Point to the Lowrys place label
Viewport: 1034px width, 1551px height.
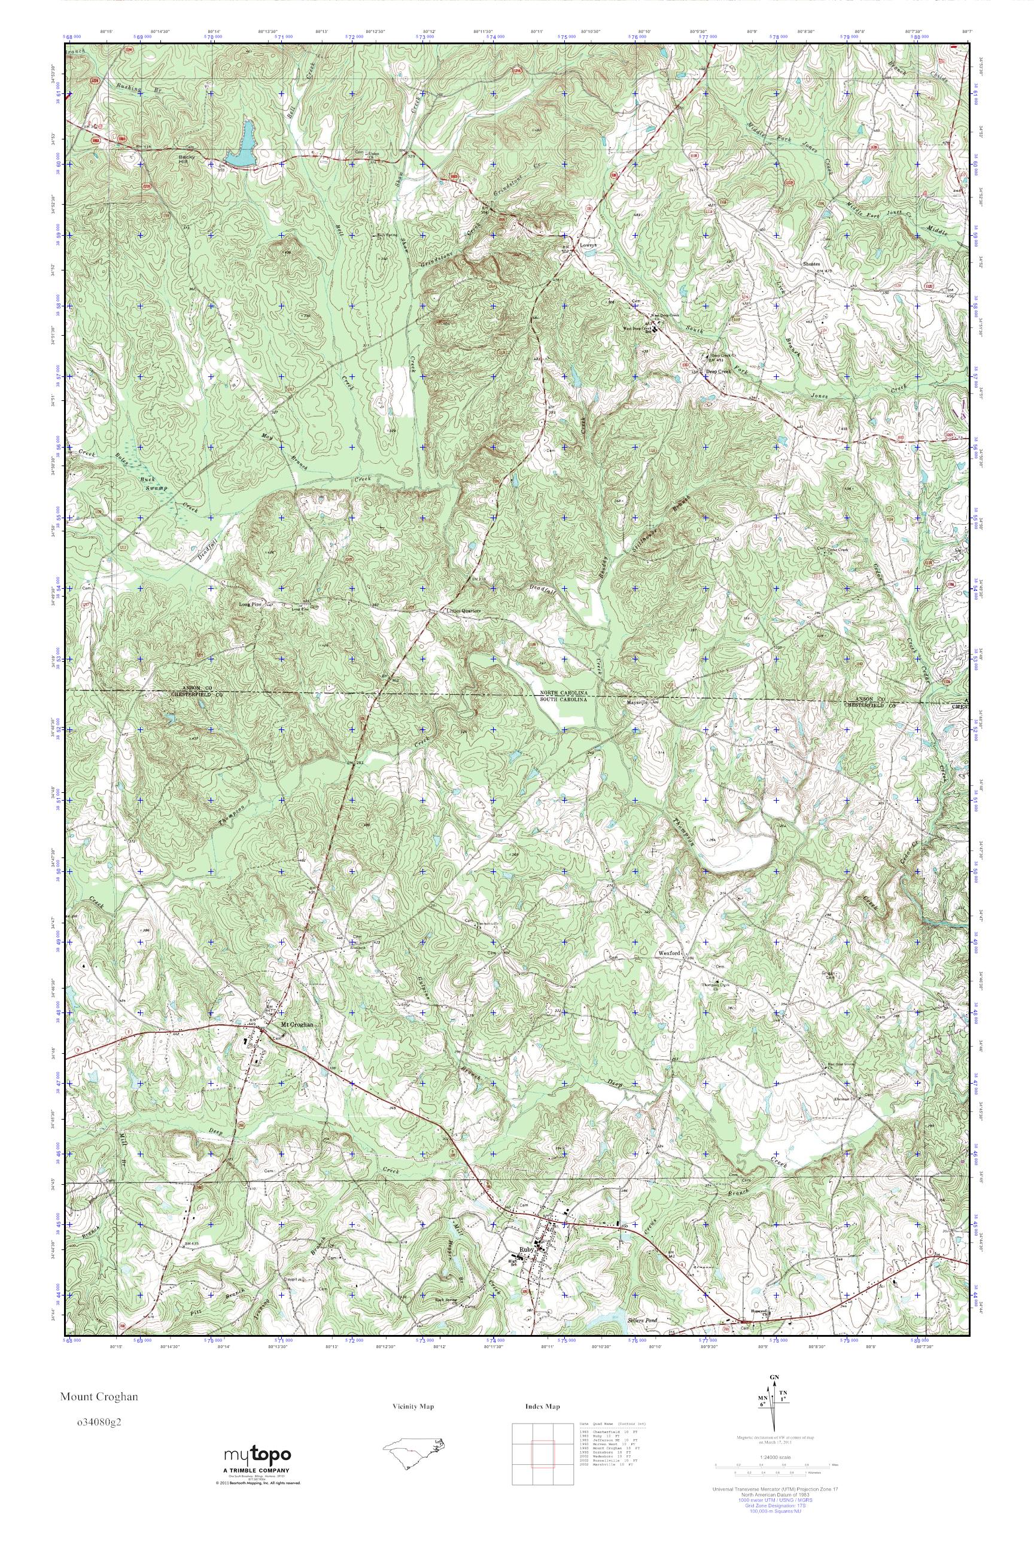coord(588,244)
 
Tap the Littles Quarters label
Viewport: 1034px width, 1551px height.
coord(464,610)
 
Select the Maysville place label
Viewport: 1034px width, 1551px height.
coord(638,703)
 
